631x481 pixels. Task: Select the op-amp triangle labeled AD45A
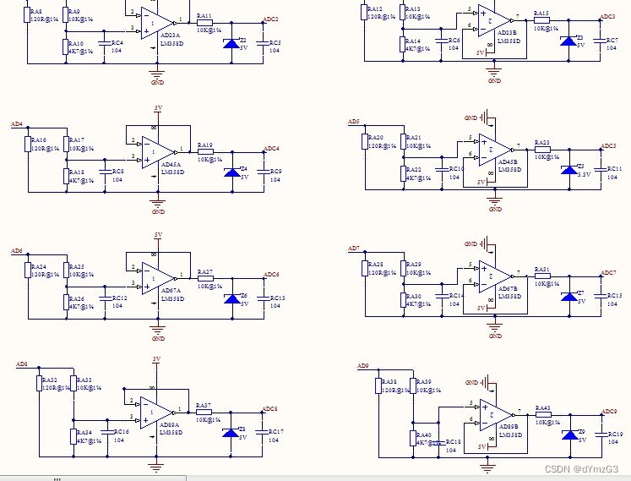[x=159, y=152]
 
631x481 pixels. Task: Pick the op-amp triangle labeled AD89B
[x=497, y=414]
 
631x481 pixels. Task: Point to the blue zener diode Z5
[x=568, y=170]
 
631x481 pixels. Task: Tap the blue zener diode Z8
[x=230, y=433]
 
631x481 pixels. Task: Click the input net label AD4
[x=17, y=124]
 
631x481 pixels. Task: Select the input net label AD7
[x=354, y=249]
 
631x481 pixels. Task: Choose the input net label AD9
[x=362, y=366]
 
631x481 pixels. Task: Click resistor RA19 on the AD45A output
[x=205, y=152]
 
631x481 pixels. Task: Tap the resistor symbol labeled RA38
[x=378, y=386]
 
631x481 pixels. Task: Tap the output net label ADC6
[x=271, y=275]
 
